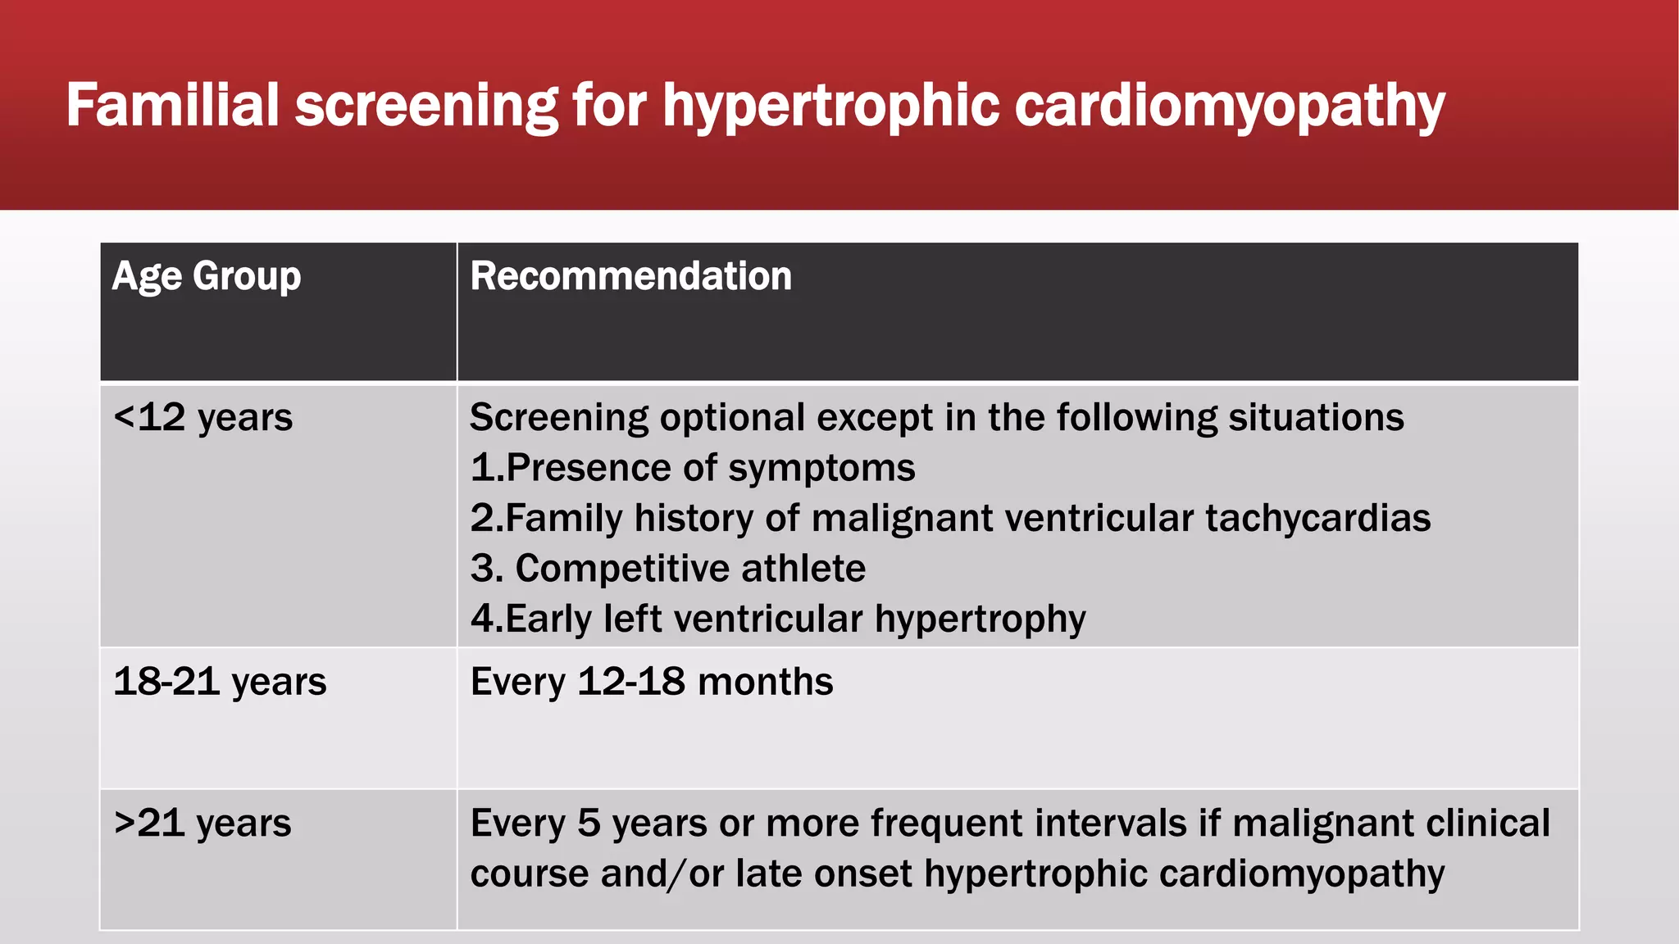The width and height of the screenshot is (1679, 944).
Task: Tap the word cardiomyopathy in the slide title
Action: click(x=1230, y=107)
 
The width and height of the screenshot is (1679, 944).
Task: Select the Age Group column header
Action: click(x=207, y=276)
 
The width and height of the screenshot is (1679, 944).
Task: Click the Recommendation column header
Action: click(x=630, y=276)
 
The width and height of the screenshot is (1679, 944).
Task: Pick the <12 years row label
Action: click(x=202, y=418)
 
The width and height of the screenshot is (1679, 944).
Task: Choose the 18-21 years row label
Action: click(x=220, y=682)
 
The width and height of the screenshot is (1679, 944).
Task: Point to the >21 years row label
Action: click(x=202, y=824)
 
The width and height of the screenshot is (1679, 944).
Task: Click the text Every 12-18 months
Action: click(x=652, y=682)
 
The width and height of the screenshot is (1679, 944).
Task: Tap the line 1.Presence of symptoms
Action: click(x=693, y=469)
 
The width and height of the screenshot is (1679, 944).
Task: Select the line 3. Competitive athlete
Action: click(x=668, y=569)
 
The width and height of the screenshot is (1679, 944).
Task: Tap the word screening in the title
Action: click(x=426, y=107)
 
